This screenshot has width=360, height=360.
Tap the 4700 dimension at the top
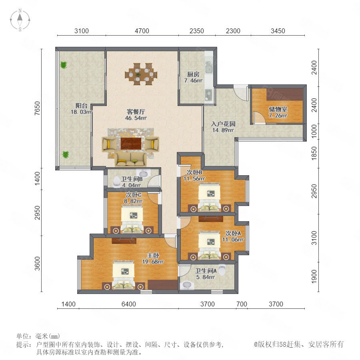pyautogui.click(x=142, y=31)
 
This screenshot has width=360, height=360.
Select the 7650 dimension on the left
pyautogui.click(x=37, y=108)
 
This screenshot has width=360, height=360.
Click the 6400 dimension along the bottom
pyautogui.click(x=128, y=304)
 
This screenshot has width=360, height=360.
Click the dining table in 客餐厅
pyautogui.click(x=141, y=74)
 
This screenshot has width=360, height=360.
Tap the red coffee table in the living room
pyautogui.click(x=131, y=143)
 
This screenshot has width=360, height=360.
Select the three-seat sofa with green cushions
pyautogui.click(x=131, y=159)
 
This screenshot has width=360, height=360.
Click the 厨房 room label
pyautogui.click(x=193, y=74)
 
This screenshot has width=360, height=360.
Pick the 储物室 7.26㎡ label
pyautogui.click(x=278, y=112)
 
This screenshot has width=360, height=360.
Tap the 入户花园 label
pyautogui.click(x=223, y=124)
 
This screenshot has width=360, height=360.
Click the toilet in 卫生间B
pyautogui.click(x=117, y=181)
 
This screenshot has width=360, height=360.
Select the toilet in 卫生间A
pyautogui.click(x=222, y=270)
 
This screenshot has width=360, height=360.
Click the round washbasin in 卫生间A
pyautogui.click(x=186, y=285)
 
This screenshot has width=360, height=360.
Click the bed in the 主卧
pyautogui.click(x=124, y=274)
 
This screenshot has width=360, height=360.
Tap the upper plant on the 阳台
pyautogui.click(x=64, y=65)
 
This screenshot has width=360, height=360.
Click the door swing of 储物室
pyautogui.click(x=257, y=118)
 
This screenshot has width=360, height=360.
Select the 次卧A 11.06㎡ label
pyautogui.click(x=233, y=236)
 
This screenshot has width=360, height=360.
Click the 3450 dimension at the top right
pyautogui.click(x=278, y=31)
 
